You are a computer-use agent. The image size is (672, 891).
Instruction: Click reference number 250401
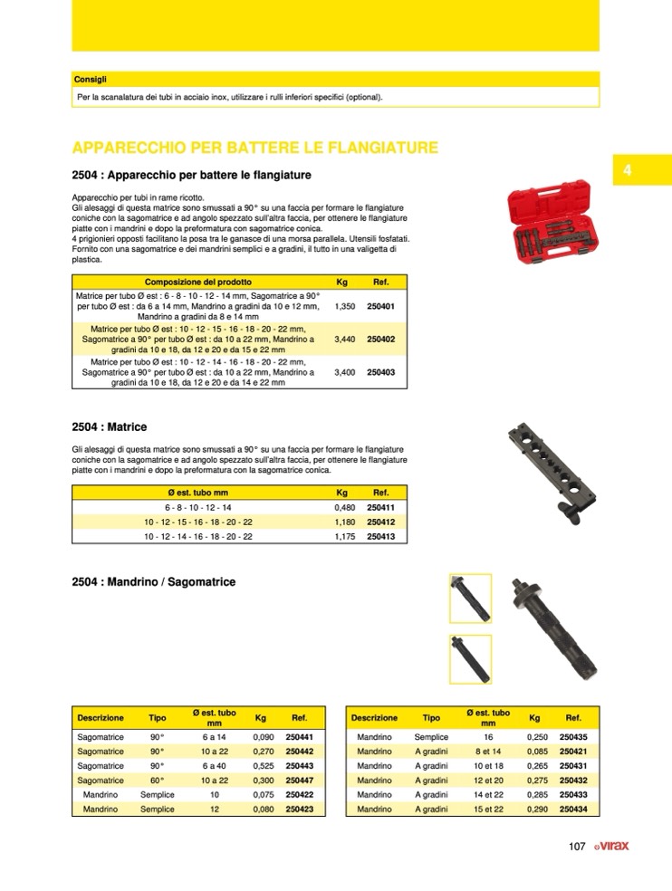pos(381,307)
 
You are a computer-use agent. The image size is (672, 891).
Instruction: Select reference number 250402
pos(381,340)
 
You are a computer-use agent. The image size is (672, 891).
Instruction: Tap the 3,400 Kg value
pos(344,372)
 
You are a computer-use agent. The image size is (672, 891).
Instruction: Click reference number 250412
pos(381,522)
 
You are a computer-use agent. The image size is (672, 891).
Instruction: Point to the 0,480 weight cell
pos(344,508)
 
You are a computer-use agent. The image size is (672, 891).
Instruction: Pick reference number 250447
pos(299,780)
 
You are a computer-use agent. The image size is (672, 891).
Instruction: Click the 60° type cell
pos(157,780)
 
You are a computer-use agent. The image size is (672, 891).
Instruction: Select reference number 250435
pos(573,737)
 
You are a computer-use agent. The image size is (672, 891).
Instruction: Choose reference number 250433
pos(573,794)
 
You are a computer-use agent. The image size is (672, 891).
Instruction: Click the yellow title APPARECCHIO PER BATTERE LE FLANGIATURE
pos(254,148)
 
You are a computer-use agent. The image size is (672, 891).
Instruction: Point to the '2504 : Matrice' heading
pos(109,426)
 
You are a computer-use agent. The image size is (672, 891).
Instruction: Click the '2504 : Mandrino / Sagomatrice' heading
pos(153,582)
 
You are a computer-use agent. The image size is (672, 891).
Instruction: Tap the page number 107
pos(577,847)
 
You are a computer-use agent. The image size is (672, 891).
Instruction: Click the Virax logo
pos(611,847)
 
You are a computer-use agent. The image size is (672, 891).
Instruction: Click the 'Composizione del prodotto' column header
pos(198,282)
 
